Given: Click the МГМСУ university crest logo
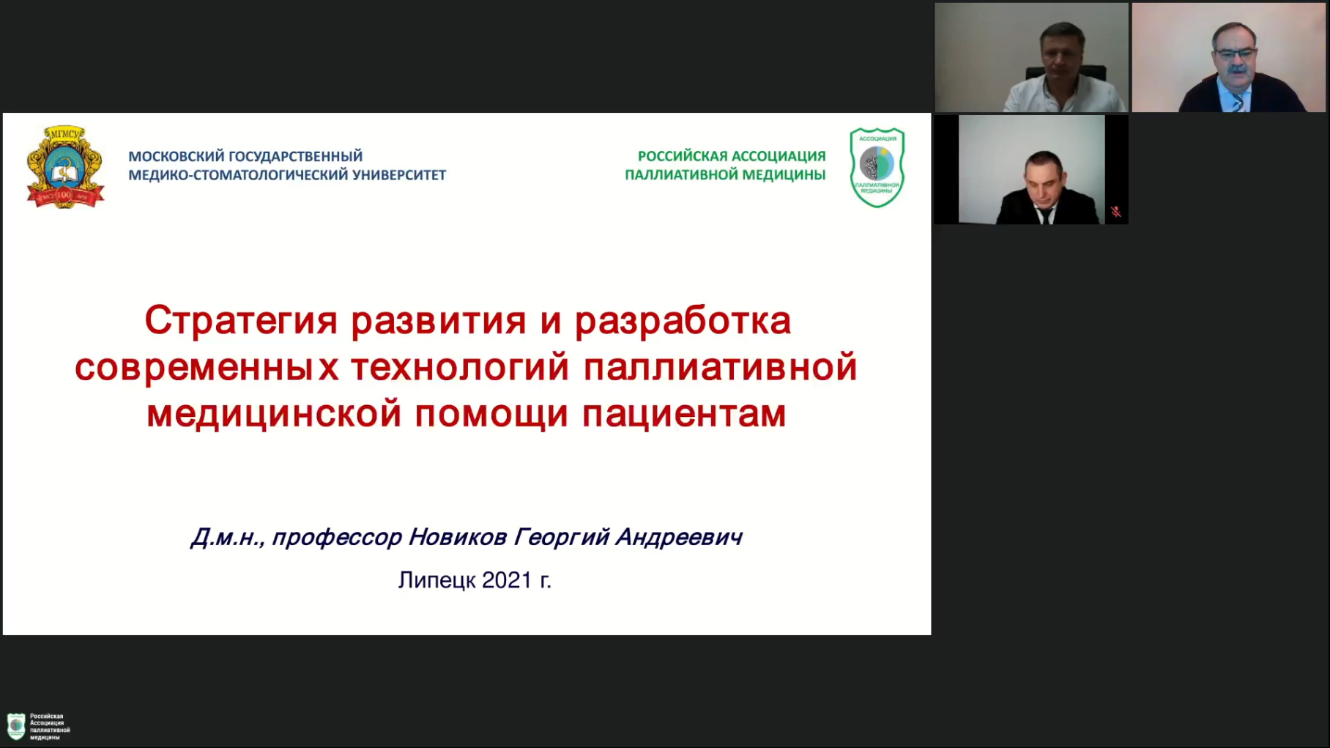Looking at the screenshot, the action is pyautogui.click(x=65, y=167).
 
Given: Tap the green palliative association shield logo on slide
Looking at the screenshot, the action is pyautogui.click(x=877, y=168).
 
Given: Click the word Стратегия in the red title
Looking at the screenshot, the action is pyautogui.click(x=242, y=322).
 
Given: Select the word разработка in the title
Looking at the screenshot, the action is pyautogui.click(x=683, y=322).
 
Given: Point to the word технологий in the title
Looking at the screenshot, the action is pyautogui.click(x=460, y=367).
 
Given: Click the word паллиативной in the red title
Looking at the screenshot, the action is pyautogui.click(x=720, y=367).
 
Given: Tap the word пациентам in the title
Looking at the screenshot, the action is pyautogui.click(x=684, y=414).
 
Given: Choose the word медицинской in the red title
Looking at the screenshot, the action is pyautogui.click(x=274, y=414).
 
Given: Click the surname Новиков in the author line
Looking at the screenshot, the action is pyautogui.click(x=457, y=537).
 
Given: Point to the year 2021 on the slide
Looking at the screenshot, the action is pyautogui.click(x=507, y=579).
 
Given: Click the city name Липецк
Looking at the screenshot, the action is pyautogui.click(x=437, y=580).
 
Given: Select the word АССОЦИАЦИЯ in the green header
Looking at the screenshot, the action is pyautogui.click(x=779, y=156).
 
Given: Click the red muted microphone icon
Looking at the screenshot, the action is pyautogui.click(x=1115, y=212).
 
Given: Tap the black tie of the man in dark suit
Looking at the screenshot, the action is pyautogui.click(x=1045, y=215).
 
